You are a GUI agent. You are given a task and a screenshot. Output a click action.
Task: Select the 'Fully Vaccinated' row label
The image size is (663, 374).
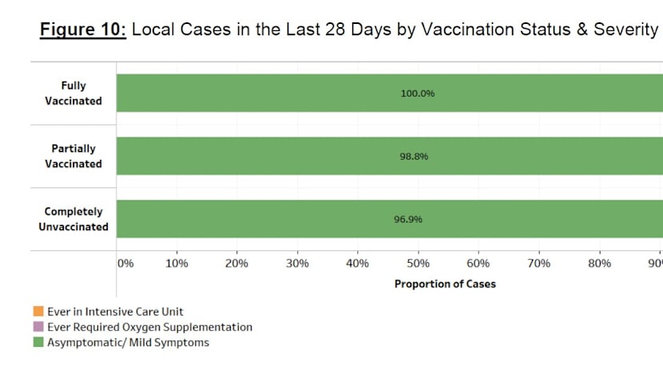tap(73, 93)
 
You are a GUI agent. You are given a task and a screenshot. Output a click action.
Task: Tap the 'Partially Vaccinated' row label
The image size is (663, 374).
tap(73, 156)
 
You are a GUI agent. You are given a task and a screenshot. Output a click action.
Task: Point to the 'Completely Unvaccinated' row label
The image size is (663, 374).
tap(73, 219)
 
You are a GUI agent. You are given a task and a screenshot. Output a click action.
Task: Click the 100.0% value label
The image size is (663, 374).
tap(417, 93)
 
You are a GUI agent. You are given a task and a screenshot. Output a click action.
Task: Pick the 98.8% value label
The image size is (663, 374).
tap(414, 157)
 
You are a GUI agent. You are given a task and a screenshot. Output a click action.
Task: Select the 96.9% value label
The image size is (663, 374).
tap(414, 219)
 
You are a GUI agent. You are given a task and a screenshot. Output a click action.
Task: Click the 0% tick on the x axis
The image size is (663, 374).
tap(125, 264)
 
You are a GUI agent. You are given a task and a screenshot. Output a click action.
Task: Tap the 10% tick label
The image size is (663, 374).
tap(176, 264)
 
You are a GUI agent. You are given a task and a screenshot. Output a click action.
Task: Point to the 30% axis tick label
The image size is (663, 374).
tap(297, 264)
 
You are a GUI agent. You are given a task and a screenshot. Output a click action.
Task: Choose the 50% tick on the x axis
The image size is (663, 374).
tap(418, 264)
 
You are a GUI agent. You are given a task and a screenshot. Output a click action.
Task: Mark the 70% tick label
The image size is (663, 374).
tap(539, 264)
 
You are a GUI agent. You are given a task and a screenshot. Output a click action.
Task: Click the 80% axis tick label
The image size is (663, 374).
tap(599, 264)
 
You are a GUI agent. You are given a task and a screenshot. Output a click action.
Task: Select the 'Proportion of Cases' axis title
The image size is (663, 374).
tap(445, 284)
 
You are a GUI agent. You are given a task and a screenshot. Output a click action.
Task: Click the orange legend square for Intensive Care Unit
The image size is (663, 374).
tap(38, 312)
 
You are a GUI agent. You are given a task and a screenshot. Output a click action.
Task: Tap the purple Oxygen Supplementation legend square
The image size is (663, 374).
tap(38, 327)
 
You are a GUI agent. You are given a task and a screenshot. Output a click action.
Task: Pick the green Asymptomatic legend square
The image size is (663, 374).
tap(38, 343)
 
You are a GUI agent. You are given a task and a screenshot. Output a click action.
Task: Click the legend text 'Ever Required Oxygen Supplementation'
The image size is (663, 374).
tap(149, 327)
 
